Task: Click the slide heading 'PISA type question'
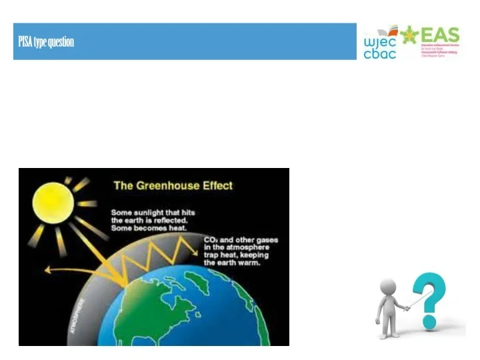tap(45, 42)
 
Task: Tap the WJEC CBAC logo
tap(381, 43)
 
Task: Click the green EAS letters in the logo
tap(440, 35)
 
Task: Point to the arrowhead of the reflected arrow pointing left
tap(47, 271)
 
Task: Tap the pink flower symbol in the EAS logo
tap(408, 35)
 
